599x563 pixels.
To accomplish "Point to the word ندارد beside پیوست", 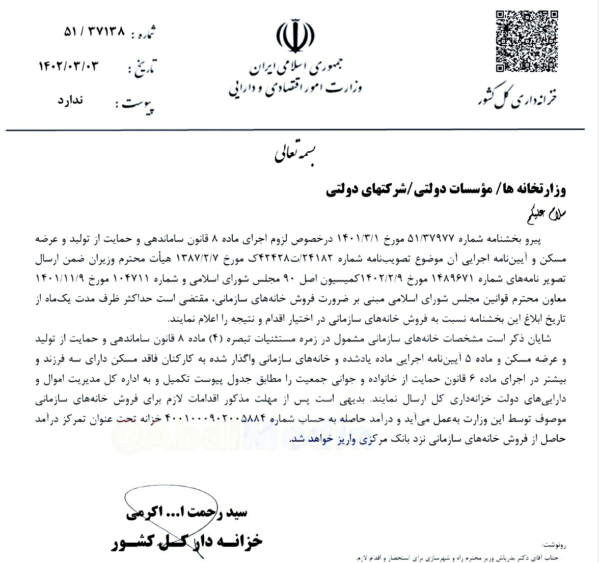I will click(73, 100).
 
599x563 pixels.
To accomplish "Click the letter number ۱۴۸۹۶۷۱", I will click(450, 279).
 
